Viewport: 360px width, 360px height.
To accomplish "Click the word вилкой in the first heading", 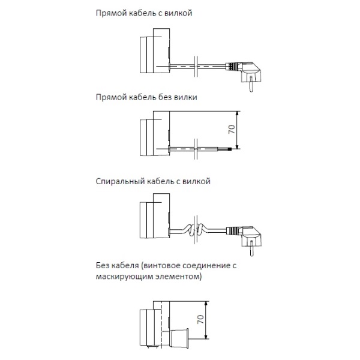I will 178,13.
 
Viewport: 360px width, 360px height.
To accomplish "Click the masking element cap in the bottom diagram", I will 178,338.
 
